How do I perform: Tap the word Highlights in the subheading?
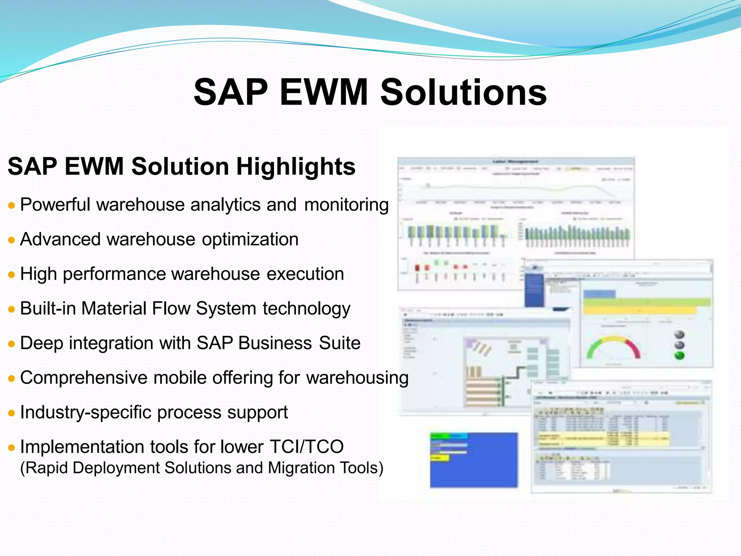(296, 167)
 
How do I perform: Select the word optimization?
(250, 240)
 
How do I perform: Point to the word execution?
(305, 274)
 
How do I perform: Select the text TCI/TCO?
(306, 447)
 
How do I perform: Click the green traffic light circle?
(680, 355)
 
